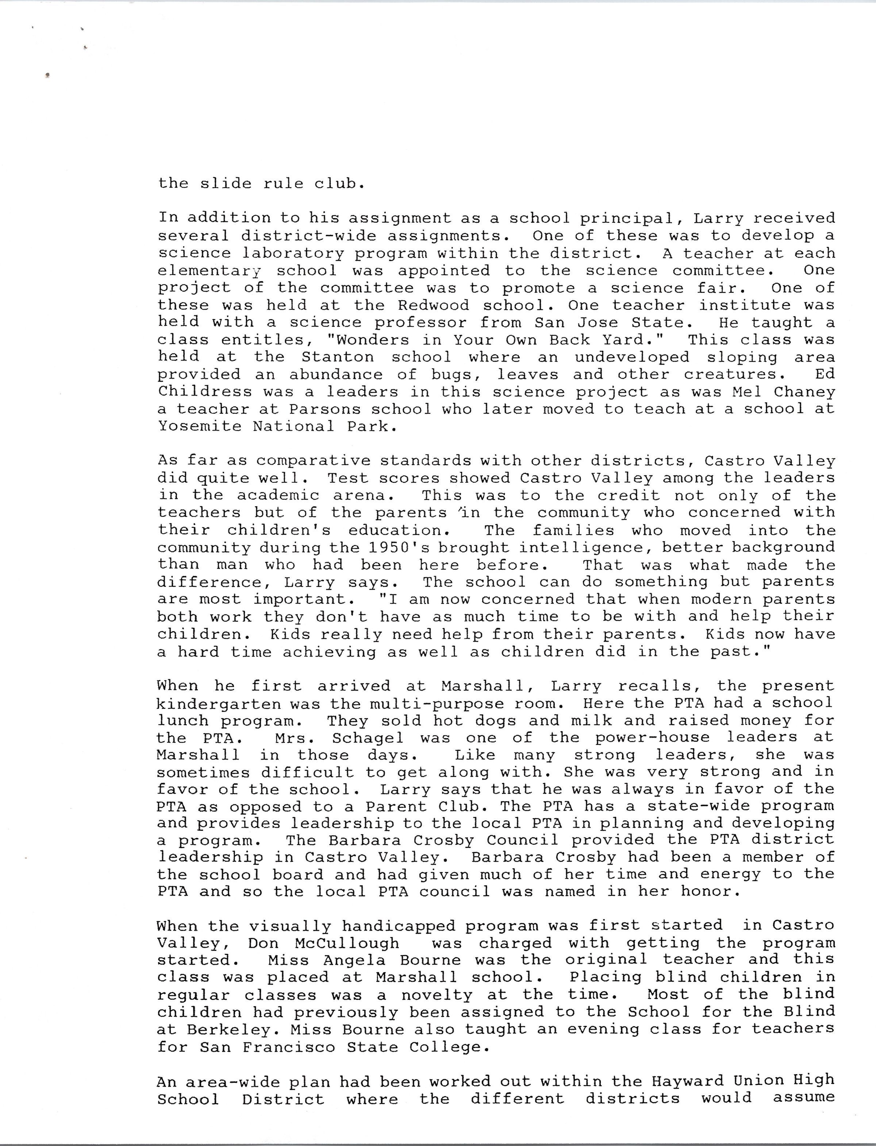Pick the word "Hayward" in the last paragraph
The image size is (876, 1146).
686,1081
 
